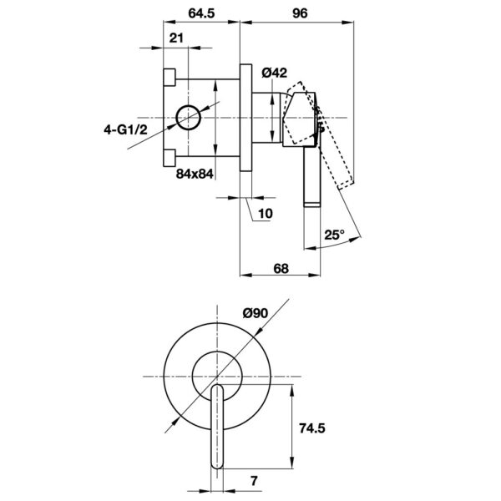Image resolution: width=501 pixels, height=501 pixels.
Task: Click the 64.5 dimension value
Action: [x=201, y=13]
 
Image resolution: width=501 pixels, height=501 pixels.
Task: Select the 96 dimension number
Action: [x=300, y=13]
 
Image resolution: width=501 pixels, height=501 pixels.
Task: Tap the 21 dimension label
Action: [x=176, y=38]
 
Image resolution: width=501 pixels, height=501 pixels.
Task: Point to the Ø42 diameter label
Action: [x=275, y=73]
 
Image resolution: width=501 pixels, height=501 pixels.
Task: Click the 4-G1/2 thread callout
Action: [x=125, y=129]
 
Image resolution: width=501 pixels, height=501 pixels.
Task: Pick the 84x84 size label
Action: [x=195, y=174]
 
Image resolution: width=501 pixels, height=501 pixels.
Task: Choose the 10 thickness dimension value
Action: [x=266, y=214]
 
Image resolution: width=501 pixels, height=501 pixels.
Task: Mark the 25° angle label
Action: [x=335, y=235]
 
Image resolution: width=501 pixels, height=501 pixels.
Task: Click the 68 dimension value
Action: [x=281, y=269]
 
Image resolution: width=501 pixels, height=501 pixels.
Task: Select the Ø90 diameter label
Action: [x=256, y=313]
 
